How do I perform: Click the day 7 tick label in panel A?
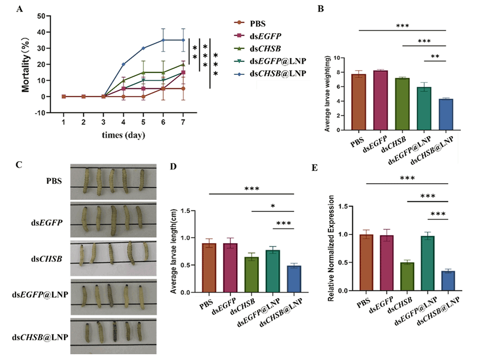pyautogui.click(x=184, y=122)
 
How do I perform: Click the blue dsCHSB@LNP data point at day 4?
pyautogui.click(x=123, y=64)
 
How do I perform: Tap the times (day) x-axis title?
pyautogui.click(x=123, y=136)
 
